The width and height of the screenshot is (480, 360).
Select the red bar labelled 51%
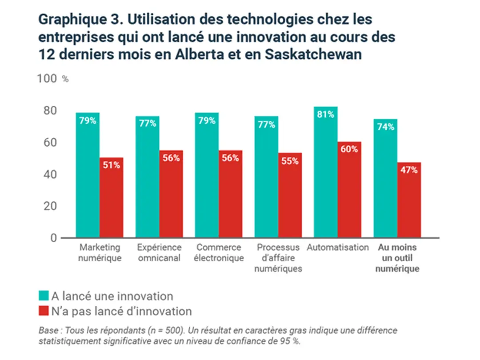click(112, 197)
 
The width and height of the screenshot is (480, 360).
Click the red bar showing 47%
click(409, 200)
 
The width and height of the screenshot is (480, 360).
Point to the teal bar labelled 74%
click(385, 178)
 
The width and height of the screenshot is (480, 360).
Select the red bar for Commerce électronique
click(230, 193)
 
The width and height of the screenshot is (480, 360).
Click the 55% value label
click(290, 161)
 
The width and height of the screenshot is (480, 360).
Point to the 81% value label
click(326, 115)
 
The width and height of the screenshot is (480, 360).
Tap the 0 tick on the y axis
click(53, 238)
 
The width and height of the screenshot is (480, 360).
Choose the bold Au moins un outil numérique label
click(397, 258)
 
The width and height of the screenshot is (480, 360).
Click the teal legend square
click(43, 296)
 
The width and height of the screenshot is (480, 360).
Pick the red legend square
click(43, 311)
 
